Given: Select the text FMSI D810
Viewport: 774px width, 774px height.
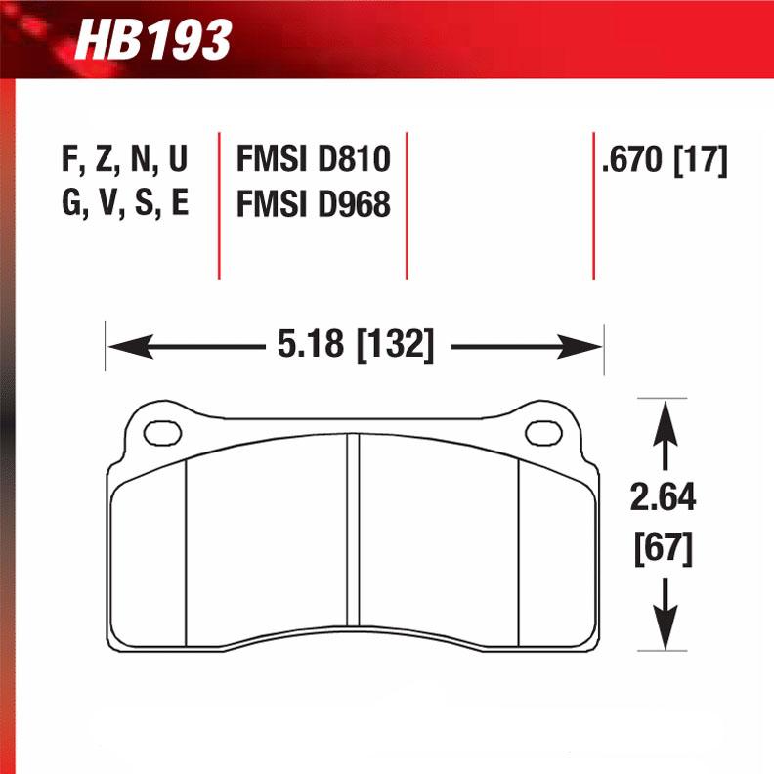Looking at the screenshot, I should click(313, 160).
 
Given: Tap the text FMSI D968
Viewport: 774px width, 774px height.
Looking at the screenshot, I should click(313, 204).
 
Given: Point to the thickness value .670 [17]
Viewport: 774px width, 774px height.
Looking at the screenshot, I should click(665, 160).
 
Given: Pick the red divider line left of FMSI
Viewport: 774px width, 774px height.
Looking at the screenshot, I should click(219, 205).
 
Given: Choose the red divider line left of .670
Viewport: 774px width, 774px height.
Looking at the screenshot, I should click(594, 205).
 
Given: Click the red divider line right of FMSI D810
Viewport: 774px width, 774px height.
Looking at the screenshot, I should click(407, 205).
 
